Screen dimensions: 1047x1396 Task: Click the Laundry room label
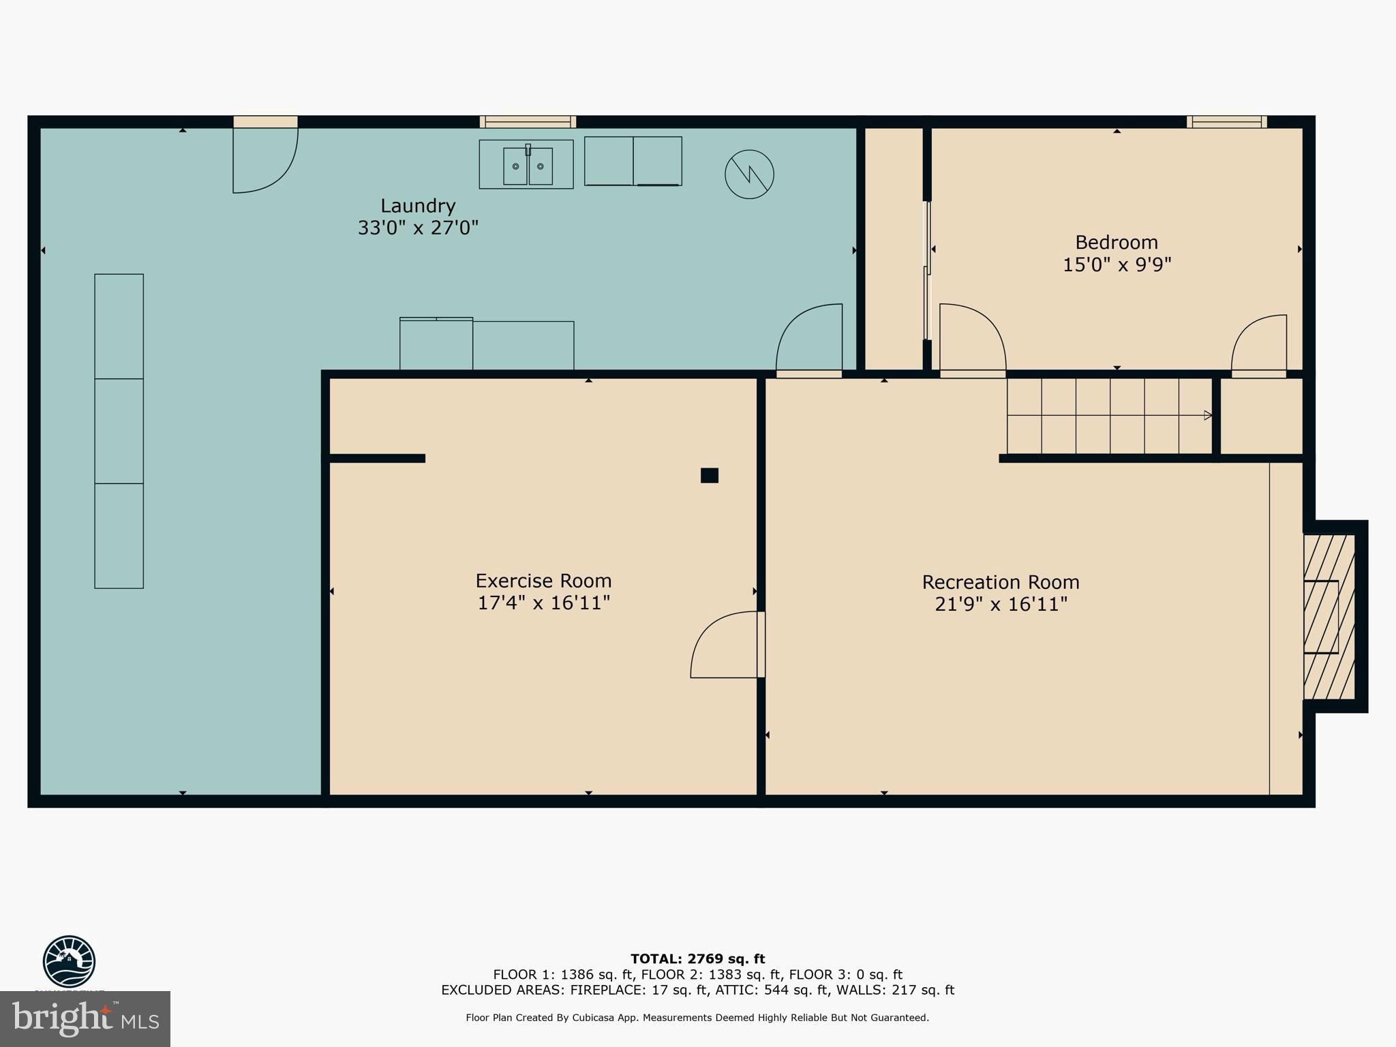click(x=418, y=206)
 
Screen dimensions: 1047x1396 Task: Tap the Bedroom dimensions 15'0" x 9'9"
click(x=1117, y=264)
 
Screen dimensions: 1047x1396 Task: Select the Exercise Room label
click(x=543, y=581)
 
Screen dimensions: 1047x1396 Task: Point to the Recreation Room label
click(x=1000, y=582)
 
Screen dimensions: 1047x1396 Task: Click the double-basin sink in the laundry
click(x=527, y=166)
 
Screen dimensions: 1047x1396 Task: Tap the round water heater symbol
click(x=749, y=174)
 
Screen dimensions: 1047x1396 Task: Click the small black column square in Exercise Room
click(x=710, y=475)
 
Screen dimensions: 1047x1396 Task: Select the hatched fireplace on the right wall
click(x=1329, y=617)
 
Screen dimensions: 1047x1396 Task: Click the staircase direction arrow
click(x=1207, y=415)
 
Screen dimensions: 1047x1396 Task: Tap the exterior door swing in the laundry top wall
click(x=264, y=160)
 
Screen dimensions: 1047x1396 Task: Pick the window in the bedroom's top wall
click(x=1226, y=122)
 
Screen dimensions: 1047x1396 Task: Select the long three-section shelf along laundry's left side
click(x=119, y=431)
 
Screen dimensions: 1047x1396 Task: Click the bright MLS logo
click(x=85, y=1018)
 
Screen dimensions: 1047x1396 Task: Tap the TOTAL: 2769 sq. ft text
click(x=697, y=959)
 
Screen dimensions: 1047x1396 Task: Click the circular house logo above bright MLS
click(x=69, y=961)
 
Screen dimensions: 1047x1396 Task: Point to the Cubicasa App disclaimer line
click(x=697, y=1018)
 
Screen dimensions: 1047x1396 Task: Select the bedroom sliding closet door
click(x=927, y=270)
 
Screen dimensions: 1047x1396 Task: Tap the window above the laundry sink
click(x=528, y=122)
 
